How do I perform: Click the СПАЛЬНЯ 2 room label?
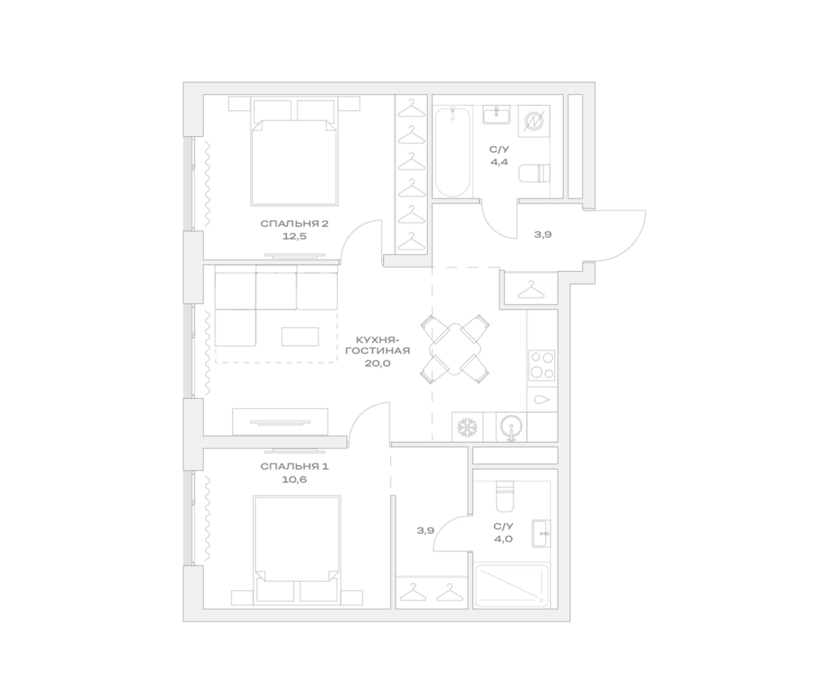point(294,224)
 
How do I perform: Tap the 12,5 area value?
point(294,236)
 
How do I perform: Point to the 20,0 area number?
point(378,363)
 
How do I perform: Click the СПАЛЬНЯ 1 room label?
point(294,467)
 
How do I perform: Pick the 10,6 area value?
point(294,479)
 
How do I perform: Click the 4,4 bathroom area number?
point(499,162)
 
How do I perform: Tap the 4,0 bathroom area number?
point(503,539)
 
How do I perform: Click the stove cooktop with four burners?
point(542,366)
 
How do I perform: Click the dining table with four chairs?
point(455,349)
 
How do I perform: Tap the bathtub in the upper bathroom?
point(452,152)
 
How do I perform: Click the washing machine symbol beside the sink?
point(534,121)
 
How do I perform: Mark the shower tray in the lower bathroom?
point(512,586)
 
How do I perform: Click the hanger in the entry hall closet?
point(531,290)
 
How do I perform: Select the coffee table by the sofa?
point(300,337)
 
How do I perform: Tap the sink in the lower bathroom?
point(541,533)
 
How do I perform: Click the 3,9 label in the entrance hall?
point(543,234)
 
